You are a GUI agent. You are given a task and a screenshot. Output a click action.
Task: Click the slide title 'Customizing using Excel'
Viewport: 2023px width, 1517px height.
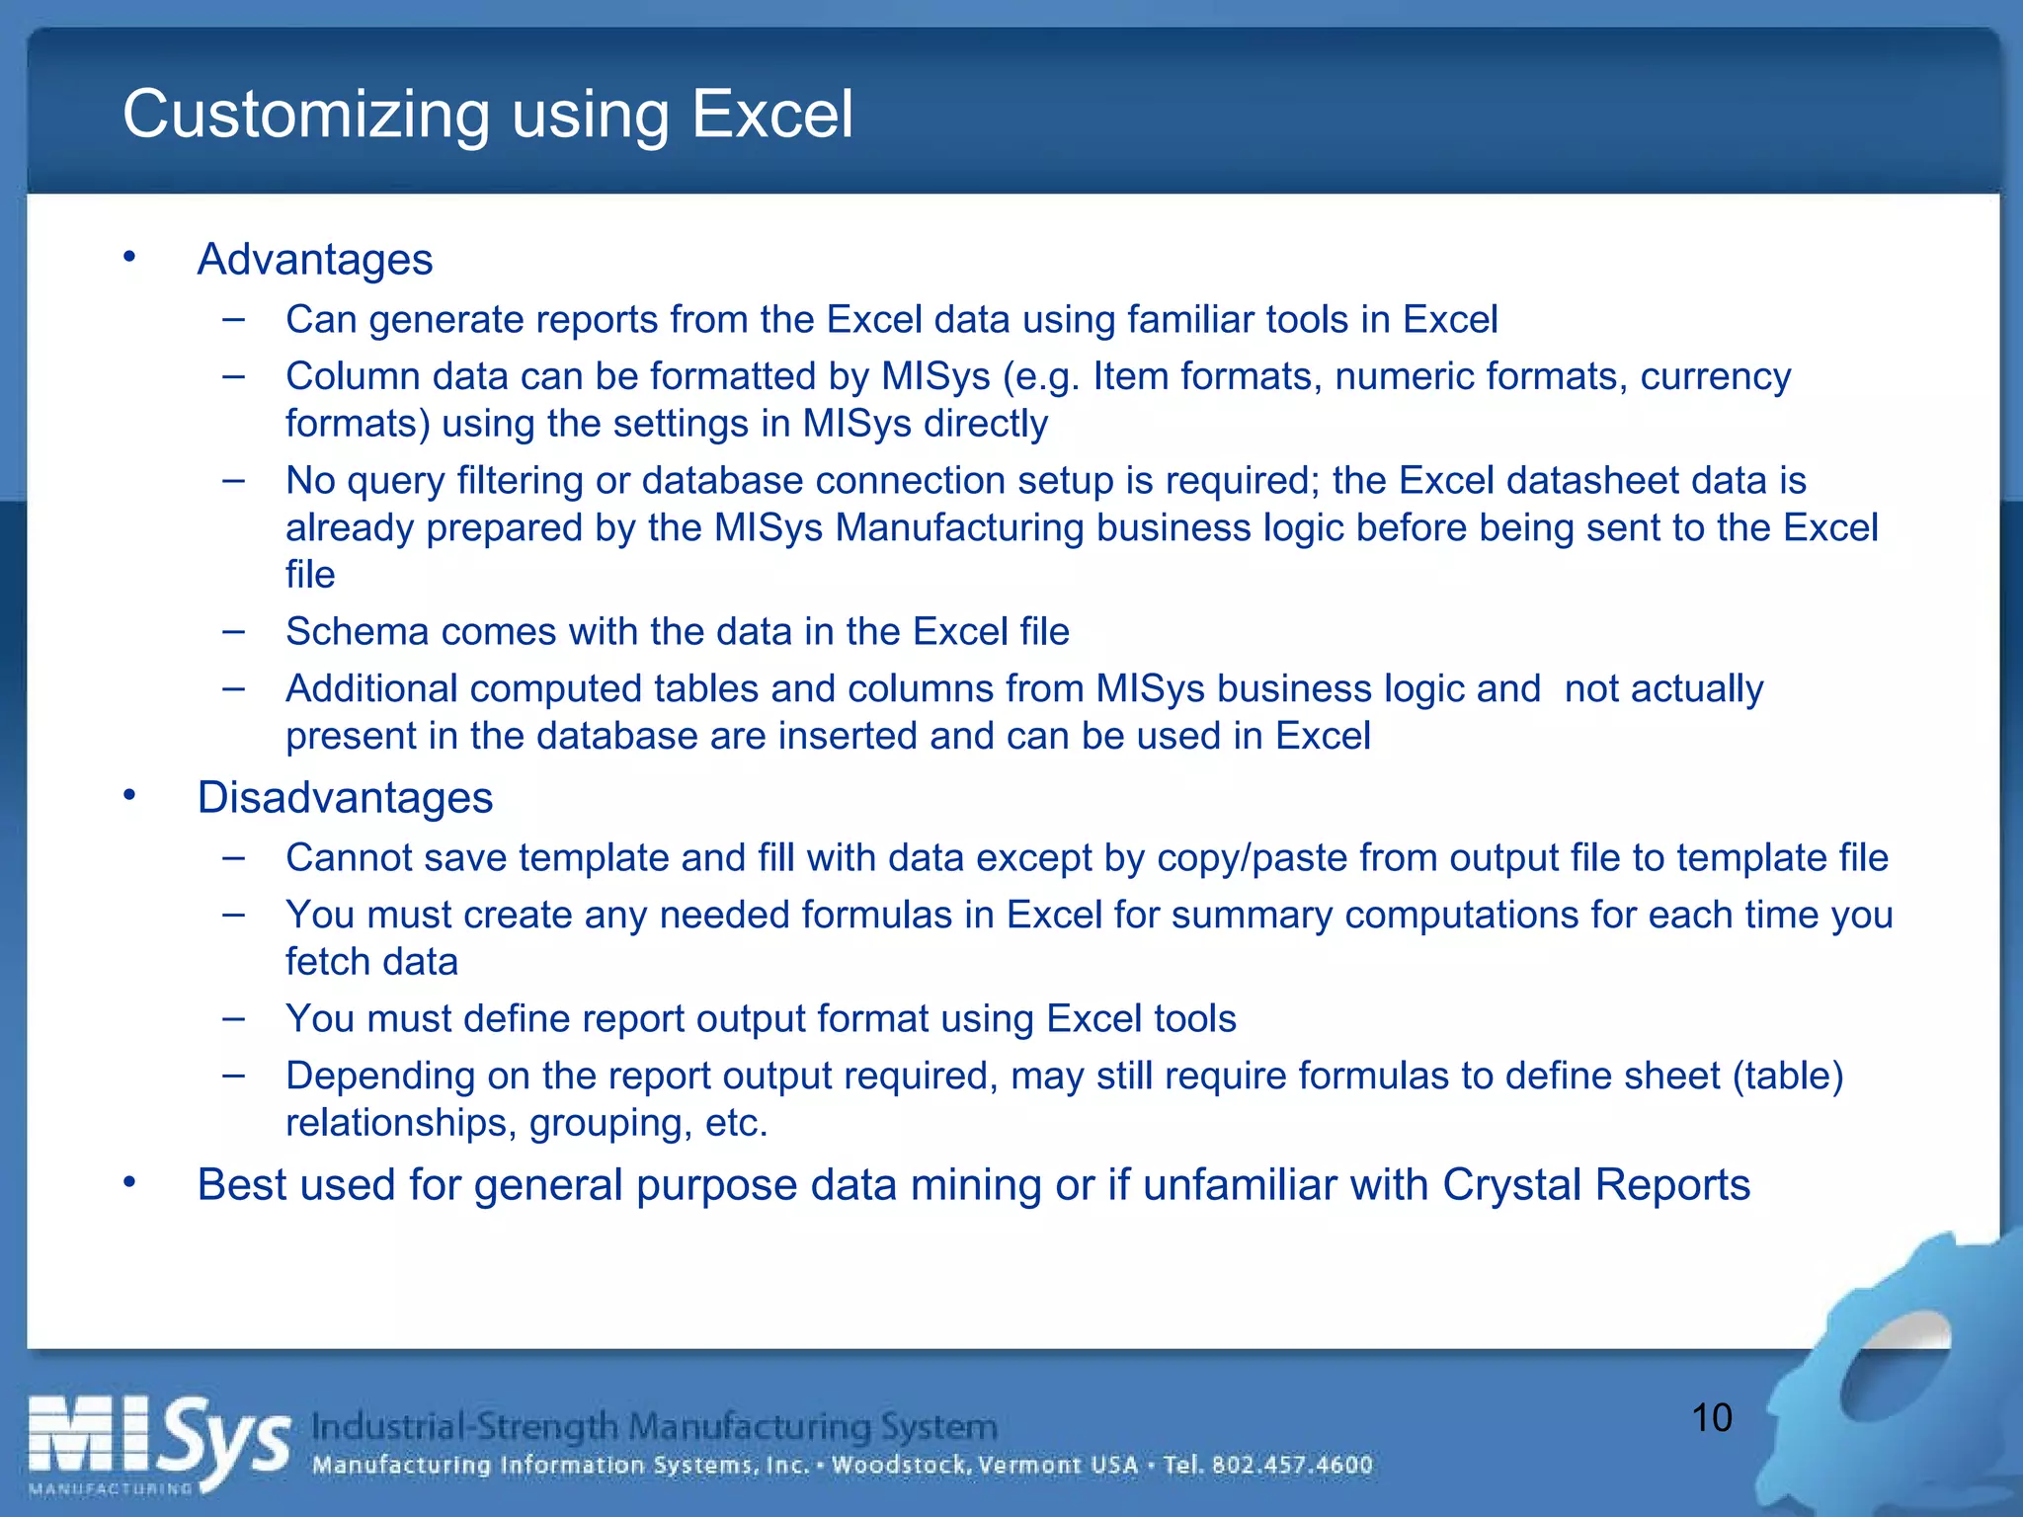pyautogui.click(x=487, y=115)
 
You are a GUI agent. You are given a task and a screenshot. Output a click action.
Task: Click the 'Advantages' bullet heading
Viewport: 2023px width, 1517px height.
pyautogui.click(x=314, y=260)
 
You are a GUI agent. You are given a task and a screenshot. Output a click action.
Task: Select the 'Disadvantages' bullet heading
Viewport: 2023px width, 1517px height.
pyautogui.click(x=345, y=798)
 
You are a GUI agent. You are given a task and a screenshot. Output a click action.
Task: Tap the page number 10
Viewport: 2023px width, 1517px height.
pyautogui.click(x=1712, y=1418)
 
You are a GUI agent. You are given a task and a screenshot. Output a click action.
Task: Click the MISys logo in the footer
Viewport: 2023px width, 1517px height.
pyautogui.click(x=158, y=1443)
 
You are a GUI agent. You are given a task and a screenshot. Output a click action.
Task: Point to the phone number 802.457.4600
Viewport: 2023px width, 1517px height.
pyautogui.click(x=1292, y=1465)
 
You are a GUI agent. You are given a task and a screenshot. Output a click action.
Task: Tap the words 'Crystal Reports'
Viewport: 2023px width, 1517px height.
pyautogui.click(x=1595, y=1185)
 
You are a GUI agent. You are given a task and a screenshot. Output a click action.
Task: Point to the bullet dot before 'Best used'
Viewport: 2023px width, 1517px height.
pyautogui.click(x=129, y=1183)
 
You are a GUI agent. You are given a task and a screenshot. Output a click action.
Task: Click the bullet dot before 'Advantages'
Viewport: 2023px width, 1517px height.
pyautogui.click(x=129, y=258)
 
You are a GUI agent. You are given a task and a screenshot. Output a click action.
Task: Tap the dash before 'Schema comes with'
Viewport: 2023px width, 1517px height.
pyautogui.click(x=234, y=631)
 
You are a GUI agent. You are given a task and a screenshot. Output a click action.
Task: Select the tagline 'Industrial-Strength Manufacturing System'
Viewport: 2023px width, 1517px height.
pyautogui.click(x=654, y=1426)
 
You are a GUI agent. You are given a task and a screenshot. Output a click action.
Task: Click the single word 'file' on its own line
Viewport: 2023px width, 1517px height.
pyautogui.click(x=310, y=575)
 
